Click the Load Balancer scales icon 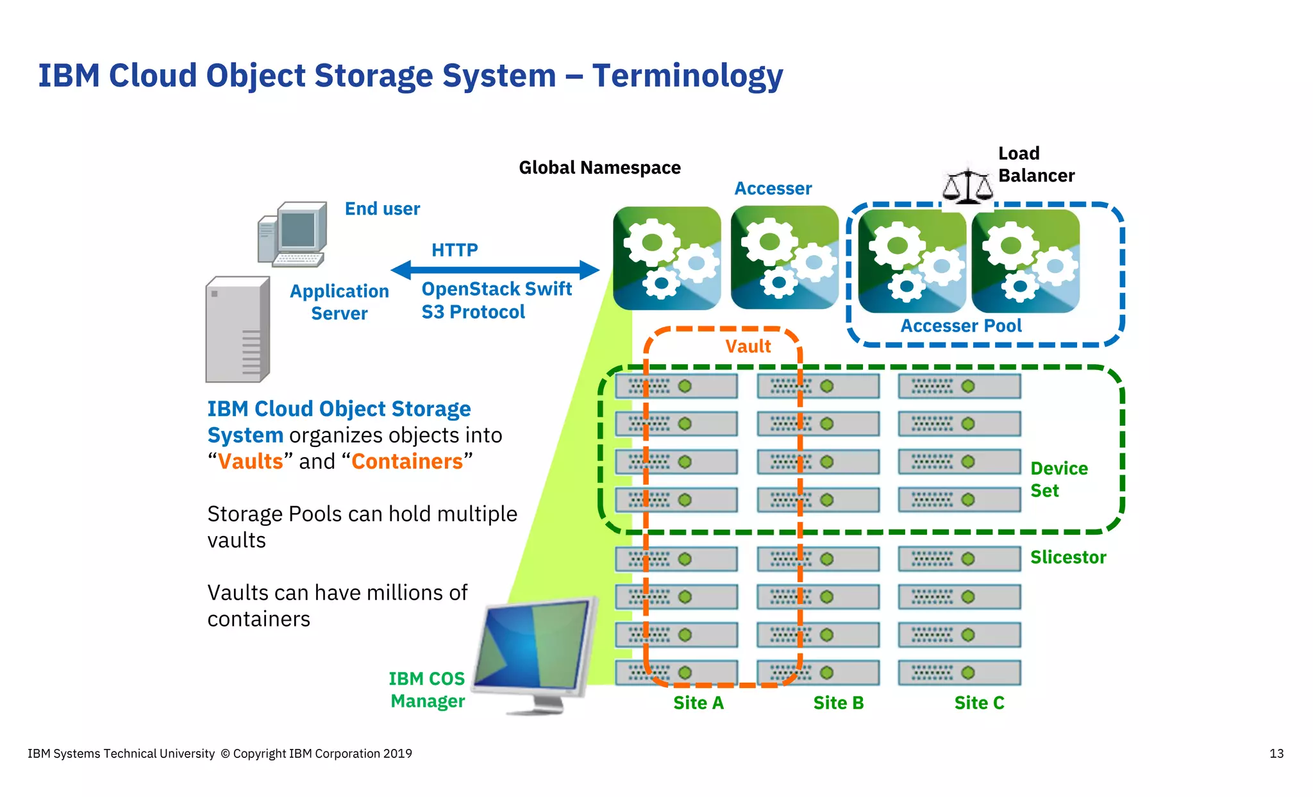(x=967, y=187)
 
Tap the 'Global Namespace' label (x=599, y=167)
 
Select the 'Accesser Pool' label (x=960, y=326)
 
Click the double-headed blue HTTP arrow (x=494, y=270)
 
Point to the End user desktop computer (x=294, y=234)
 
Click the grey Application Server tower (x=237, y=330)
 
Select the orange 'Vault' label (x=748, y=346)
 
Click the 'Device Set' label (x=1058, y=479)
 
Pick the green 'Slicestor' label (x=1068, y=557)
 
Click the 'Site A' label (x=698, y=703)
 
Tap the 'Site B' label (x=839, y=703)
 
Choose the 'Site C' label (x=979, y=703)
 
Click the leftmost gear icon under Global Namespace (x=667, y=258)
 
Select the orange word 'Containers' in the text (x=407, y=461)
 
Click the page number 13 (x=1276, y=753)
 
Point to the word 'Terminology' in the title (x=687, y=76)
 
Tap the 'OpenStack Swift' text (x=496, y=289)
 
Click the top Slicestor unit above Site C (x=959, y=387)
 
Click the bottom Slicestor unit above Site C (x=959, y=673)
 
